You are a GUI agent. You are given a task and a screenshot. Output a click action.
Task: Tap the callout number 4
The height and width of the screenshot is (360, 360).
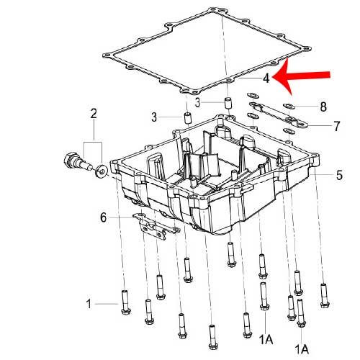266,78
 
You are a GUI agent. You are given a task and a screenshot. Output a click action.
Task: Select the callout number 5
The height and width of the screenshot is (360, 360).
339,175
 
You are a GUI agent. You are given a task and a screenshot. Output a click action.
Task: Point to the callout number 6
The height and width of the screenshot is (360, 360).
103,217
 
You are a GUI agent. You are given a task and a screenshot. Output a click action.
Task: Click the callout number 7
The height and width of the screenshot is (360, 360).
337,126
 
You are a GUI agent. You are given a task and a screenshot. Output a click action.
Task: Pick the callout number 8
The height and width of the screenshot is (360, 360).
323,107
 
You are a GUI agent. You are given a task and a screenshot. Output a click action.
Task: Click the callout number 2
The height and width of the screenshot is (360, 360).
94,114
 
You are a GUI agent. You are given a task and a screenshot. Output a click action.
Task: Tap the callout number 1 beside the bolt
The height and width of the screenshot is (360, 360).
89,304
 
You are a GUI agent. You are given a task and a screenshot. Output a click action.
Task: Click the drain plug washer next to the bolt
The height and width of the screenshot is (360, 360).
102,172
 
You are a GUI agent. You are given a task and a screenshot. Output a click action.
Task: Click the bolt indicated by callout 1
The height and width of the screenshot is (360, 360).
126,302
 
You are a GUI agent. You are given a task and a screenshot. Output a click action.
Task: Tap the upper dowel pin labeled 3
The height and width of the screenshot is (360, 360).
228,103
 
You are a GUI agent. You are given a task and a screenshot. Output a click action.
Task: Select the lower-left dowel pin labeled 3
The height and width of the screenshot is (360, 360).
188,118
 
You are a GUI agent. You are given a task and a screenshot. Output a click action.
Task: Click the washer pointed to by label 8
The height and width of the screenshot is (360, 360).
289,106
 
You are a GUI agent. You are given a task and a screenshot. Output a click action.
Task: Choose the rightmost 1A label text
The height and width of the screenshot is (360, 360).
302,349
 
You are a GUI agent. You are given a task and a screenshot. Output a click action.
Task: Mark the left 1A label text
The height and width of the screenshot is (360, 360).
266,340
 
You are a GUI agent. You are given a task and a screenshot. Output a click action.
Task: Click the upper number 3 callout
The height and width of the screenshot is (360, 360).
197,103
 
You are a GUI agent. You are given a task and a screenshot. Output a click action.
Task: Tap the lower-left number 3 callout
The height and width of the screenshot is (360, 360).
154,117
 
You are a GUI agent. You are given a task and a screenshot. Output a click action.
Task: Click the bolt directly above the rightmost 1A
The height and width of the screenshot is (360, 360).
301,313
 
